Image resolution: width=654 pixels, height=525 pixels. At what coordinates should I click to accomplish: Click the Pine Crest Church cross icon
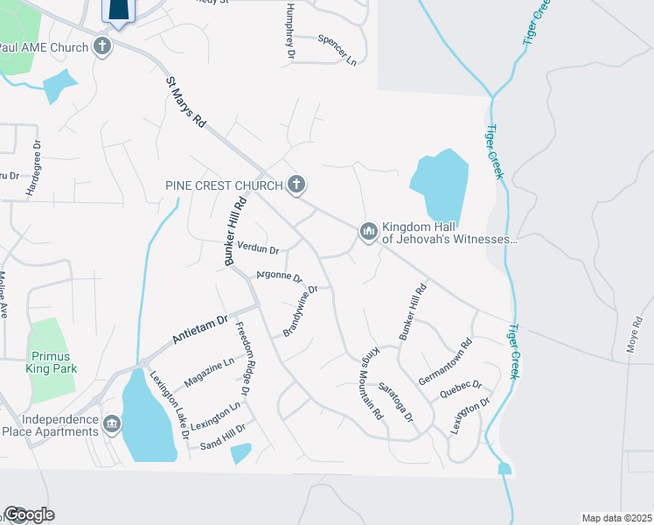pyautogui.click(x=297, y=185)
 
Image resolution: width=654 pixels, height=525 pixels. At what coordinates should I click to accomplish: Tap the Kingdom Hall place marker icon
pyautogui.click(x=367, y=231)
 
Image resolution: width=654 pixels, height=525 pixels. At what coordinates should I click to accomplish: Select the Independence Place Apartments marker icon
pyautogui.click(x=112, y=425)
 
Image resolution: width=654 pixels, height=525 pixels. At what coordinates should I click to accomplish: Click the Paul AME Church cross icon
pyautogui.click(x=102, y=46)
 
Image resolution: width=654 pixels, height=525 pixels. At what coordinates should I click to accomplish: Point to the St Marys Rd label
pyautogui.click(x=185, y=102)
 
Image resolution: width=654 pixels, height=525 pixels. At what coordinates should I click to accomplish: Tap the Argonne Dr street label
pyautogui.click(x=279, y=277)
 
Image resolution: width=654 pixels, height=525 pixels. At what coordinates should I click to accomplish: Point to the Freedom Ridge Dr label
pyautogui.click(x=244, y=358)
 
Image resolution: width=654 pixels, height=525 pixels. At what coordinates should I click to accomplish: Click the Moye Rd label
pyautogui.click(x=635, y=333)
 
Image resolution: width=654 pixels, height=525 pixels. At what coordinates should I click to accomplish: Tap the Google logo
pyautogui.click(x=29, y=514)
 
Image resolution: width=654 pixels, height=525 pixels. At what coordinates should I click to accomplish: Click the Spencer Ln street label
pyautogui.click(x=337, y=51)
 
